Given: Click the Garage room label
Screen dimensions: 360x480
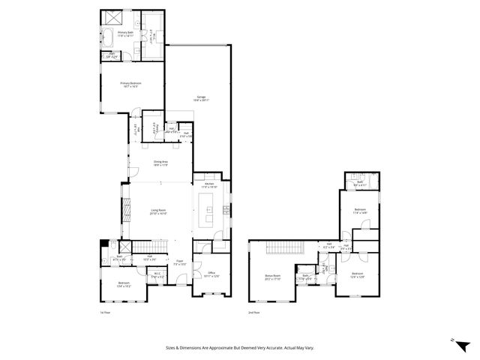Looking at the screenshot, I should pos(202,98).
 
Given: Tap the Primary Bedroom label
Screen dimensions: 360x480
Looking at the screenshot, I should pos(131,84).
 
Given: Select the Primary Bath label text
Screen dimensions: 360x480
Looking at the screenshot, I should pos(115,32).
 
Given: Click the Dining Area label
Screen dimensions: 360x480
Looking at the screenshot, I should pos(160,162).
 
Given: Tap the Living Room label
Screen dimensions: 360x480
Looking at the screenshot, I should pos(158,212).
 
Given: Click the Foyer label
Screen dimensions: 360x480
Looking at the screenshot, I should pos(180,263).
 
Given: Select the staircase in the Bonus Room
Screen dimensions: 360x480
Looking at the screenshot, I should pos(284,248).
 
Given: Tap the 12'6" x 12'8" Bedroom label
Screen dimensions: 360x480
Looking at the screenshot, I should pos(358,275).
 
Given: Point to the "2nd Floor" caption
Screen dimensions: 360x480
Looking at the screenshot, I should pos(255,312).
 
